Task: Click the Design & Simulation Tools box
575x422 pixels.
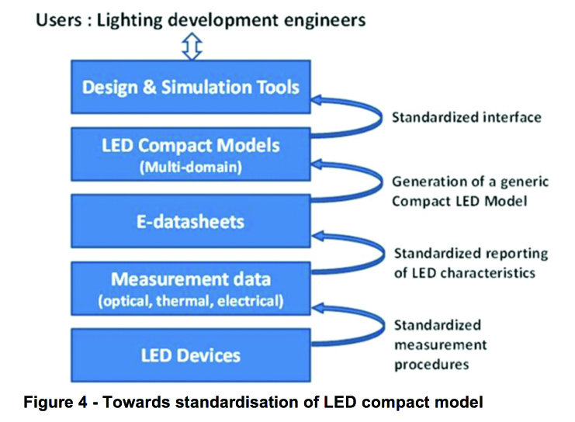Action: coord(191,87)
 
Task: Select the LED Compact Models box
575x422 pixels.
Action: coord(191,154)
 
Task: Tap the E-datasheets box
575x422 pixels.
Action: coord(191,221)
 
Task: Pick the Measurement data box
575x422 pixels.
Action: coord(191,289)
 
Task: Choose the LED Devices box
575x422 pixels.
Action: coord(191,355)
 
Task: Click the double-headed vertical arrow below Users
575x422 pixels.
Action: coord(192,47)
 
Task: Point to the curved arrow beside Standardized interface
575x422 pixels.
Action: coord(381,117)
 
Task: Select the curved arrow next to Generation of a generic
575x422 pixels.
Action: coord(381,182)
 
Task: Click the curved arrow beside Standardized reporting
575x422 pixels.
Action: coord(383,253)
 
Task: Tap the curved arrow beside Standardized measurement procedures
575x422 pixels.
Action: coord(383,324)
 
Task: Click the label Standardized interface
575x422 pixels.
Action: coord(466,117)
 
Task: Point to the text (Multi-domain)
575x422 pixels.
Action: coord(191,168)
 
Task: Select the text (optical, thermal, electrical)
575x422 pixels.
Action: coord(191,301)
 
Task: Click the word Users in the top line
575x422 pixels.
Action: coord(59,20)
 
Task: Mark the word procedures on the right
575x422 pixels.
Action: coord(431,365)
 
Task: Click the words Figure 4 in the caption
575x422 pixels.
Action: coord(55,402)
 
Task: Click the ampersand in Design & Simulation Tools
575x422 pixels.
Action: coord(149,87)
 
